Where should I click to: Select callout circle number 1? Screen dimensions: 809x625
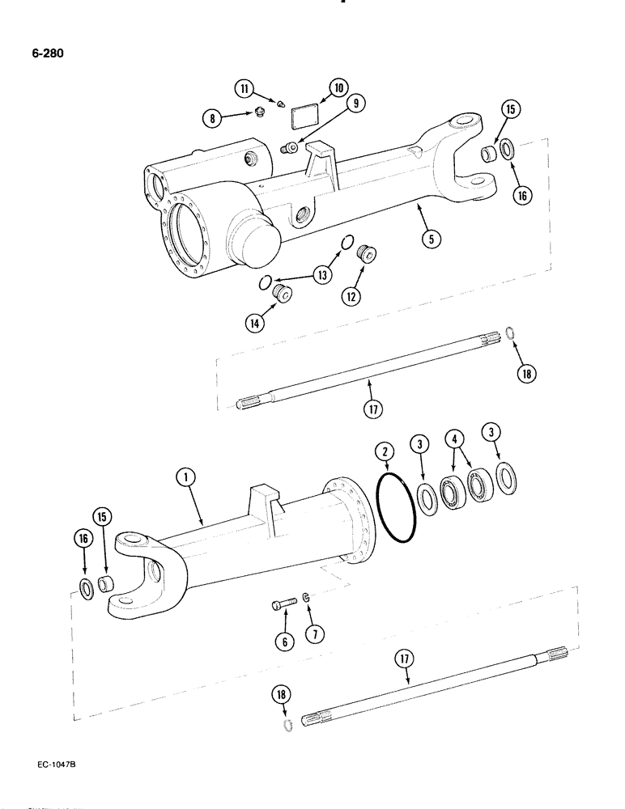189,480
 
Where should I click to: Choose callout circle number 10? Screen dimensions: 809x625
338,88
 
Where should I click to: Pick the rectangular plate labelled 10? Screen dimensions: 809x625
304,115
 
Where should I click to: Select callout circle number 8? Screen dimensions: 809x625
214,118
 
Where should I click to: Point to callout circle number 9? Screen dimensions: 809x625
355,103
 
